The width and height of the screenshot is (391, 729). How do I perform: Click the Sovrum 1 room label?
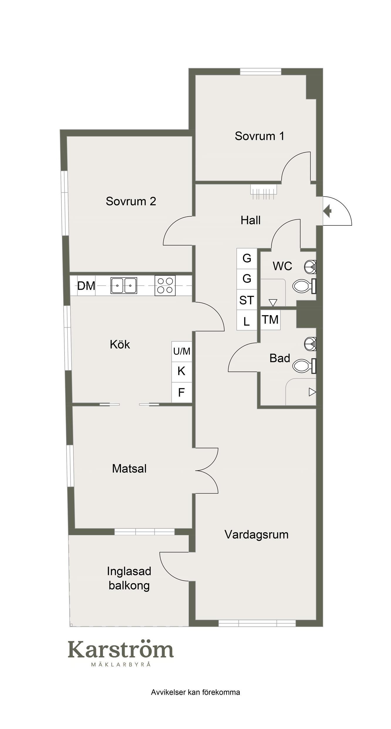coord(259,136)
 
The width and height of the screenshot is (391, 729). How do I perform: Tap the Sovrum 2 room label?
coord(131,201)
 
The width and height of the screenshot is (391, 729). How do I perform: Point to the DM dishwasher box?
coord(86,285)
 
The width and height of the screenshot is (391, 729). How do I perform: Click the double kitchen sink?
coord(124,285)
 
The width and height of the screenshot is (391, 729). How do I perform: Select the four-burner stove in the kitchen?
coord(165,285)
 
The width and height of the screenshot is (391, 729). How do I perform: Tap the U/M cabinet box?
coord(182,351)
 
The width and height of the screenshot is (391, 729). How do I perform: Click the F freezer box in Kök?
coord(182,392)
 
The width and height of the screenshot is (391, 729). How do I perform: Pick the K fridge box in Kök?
coord(182,372)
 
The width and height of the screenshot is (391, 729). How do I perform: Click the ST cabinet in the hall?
coord(247,300)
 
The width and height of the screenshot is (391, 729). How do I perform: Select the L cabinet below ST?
coord(247,320)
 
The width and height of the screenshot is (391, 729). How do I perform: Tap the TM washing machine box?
coord(270,320)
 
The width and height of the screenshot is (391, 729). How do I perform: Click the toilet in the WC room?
coord(304,286)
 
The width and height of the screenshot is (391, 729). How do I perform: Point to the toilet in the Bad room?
coord(304,366)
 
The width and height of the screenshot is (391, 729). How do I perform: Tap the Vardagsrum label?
coord(256,534)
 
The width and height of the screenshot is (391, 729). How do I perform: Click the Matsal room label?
coord(129,468)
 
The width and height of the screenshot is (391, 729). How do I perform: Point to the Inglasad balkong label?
coord(129,578)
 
